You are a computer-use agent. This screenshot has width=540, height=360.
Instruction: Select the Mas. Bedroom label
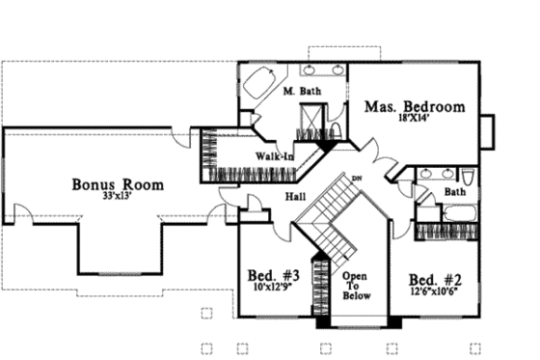point(414,106)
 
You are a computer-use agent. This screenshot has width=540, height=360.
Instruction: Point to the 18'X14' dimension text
point(414,119)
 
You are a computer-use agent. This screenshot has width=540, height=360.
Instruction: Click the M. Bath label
point(302,92)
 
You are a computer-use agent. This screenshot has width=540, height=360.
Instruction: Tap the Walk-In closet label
point(275,155)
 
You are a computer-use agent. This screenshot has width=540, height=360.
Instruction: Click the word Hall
point(296,197)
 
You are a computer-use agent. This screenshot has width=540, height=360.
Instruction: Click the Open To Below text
point(354,286)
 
